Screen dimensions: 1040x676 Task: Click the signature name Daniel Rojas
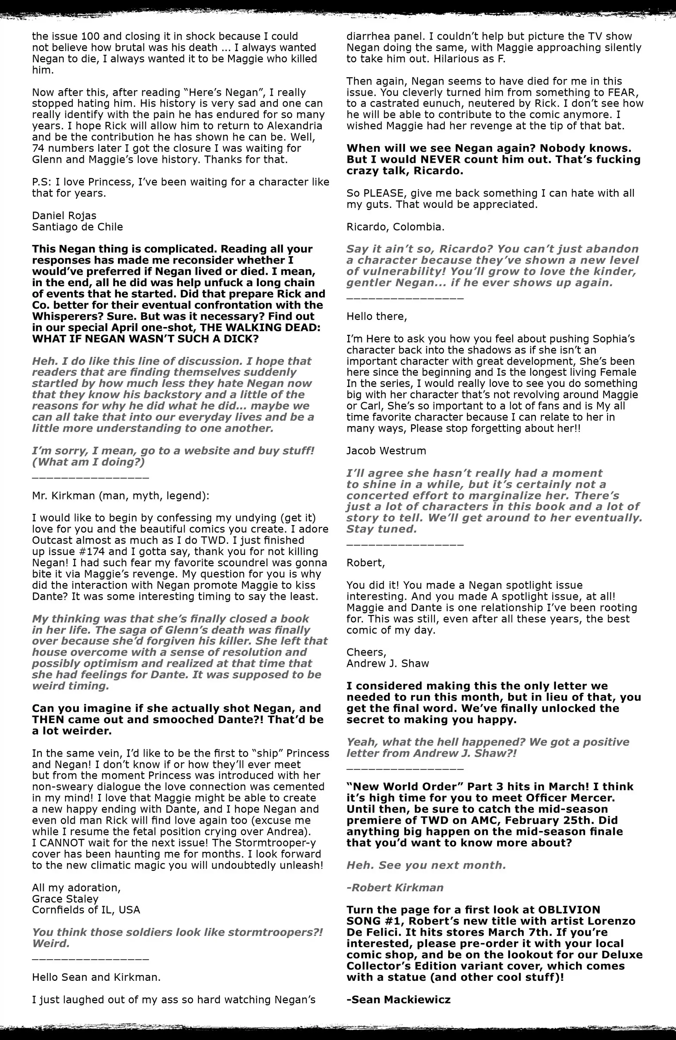click(x=64, y=215)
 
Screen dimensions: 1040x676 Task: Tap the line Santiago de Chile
click(x=77, y=227)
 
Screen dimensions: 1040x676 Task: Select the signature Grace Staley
click(x=65, y=899)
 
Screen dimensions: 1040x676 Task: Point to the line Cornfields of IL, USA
click(x=86, y=910)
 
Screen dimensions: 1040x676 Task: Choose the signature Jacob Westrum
click(x=386, y=450)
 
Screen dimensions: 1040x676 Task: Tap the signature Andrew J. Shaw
click(x=387, y=663)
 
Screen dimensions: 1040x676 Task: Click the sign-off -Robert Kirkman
click(x=395, y=887)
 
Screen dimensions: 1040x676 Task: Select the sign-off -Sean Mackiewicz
click(x=398, y=999)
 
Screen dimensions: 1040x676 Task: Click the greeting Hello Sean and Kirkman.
click(x=96, y=977)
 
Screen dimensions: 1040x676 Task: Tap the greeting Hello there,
click(x=376, y=316)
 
